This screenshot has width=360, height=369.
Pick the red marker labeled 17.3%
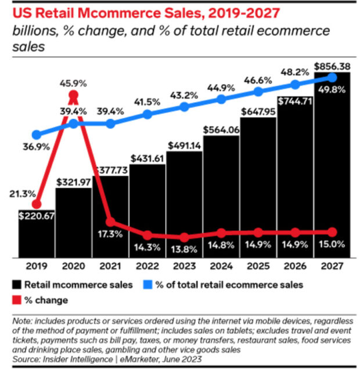(x=110, y=222)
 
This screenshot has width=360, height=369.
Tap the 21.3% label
(x=23, y=193)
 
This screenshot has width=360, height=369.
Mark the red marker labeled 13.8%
(x=184, y=237)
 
